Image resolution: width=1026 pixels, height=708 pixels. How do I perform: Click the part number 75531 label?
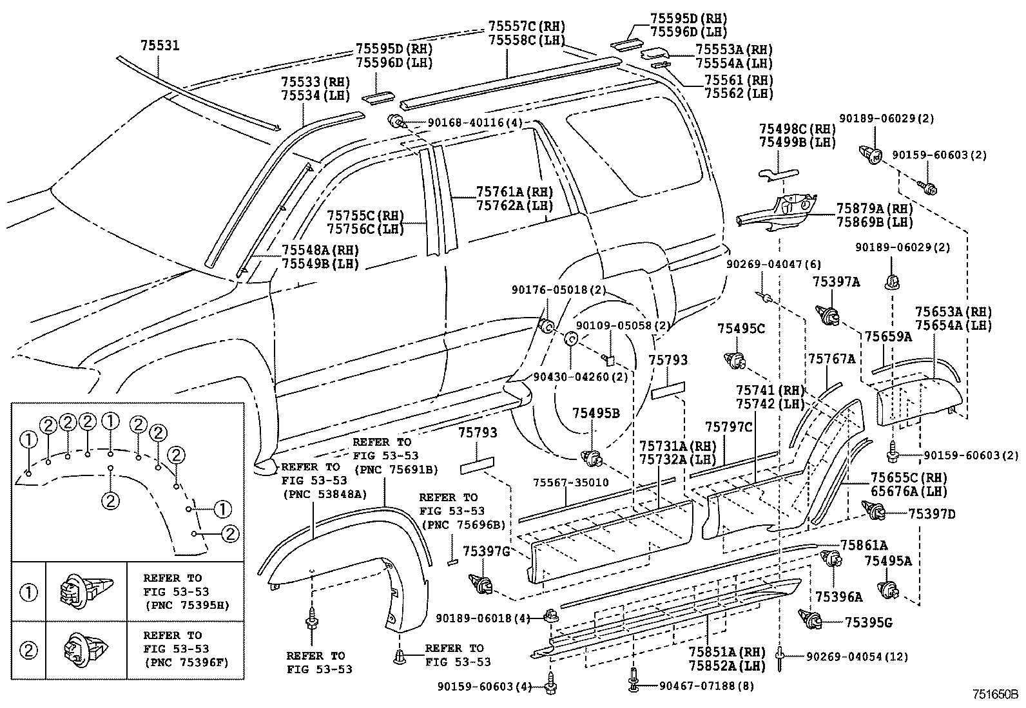click(x=159, y=45)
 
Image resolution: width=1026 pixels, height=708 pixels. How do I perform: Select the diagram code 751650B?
click(x=994, y=695)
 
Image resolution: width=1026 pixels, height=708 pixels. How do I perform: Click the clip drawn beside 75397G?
click(x=484, y=583)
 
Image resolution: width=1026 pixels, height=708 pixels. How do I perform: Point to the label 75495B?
click(x=596, y=413)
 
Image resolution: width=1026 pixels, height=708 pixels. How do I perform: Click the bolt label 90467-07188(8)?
click(x=706, y=686)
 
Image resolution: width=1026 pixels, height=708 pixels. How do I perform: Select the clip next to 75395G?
click(x=811, y=620)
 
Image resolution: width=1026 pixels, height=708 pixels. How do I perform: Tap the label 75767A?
click(x=831, y=359)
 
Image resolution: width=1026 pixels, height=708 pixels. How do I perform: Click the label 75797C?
click(x=728, y=426)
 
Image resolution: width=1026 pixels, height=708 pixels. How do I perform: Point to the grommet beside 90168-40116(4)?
click(x=396, y=121)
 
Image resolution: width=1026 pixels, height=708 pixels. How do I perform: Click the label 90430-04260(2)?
click(x=581, y=377)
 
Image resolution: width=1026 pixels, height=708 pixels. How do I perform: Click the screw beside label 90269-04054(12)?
click(x=780, y=656)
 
